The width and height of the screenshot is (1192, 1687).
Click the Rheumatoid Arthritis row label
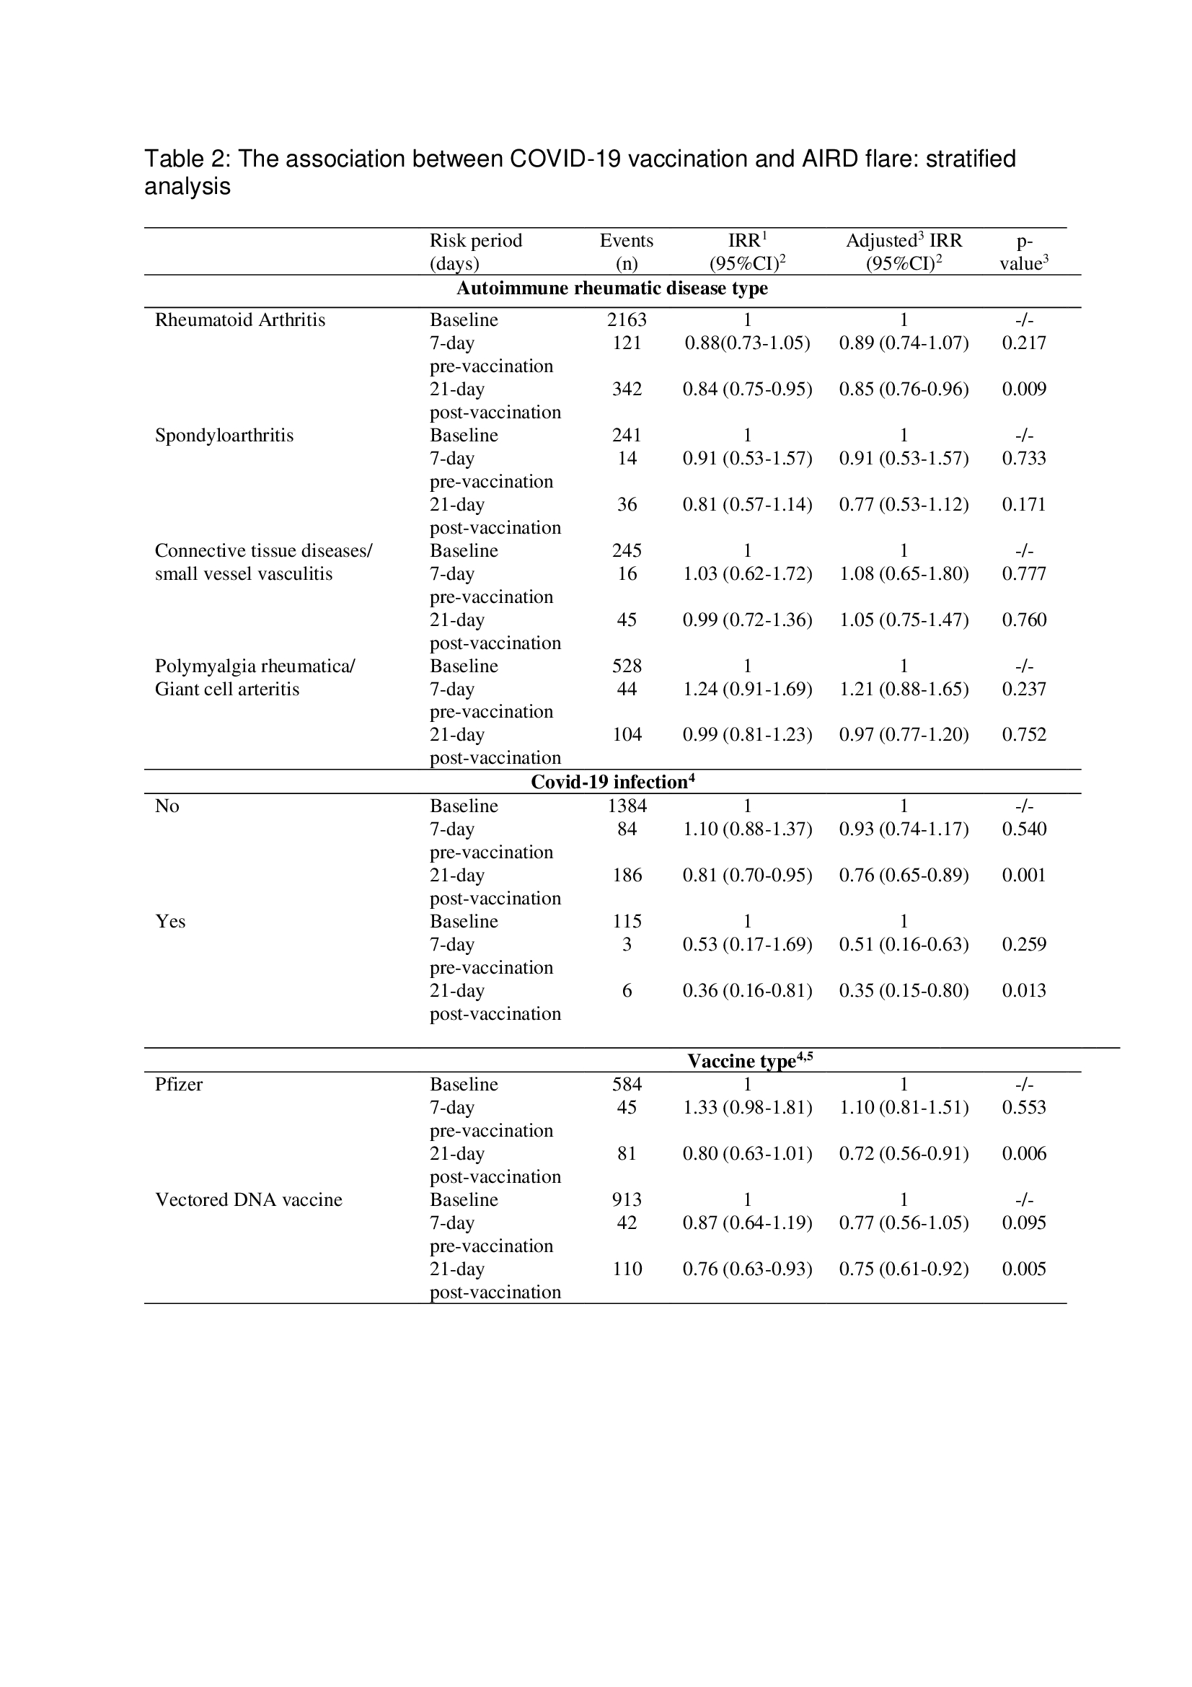pos(239,320)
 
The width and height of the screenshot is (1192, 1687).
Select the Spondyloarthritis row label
pos(224,435)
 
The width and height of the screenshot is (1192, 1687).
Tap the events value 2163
pos(627,320)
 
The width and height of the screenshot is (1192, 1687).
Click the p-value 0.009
pos(1024,389)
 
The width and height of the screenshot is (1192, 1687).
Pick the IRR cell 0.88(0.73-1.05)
pos(747,343)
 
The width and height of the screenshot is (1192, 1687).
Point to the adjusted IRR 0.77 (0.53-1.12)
pos(904,504)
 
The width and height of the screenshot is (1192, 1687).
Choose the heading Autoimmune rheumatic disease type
pos(612,288)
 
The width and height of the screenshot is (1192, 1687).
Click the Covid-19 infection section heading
pos(612,782)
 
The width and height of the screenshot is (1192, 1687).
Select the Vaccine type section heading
pos(749,1060)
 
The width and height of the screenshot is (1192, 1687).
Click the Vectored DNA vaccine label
pos(248,1199)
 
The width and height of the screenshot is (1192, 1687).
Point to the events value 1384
pos(627,806)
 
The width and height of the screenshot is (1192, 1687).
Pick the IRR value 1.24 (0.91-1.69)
pos(747,689)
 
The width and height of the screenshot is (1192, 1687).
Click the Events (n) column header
pos(626,251)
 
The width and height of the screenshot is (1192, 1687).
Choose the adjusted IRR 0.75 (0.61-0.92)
pos(904,1268)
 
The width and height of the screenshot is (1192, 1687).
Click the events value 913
pos(627,1199)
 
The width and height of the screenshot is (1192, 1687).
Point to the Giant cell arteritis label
pos(227,689)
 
